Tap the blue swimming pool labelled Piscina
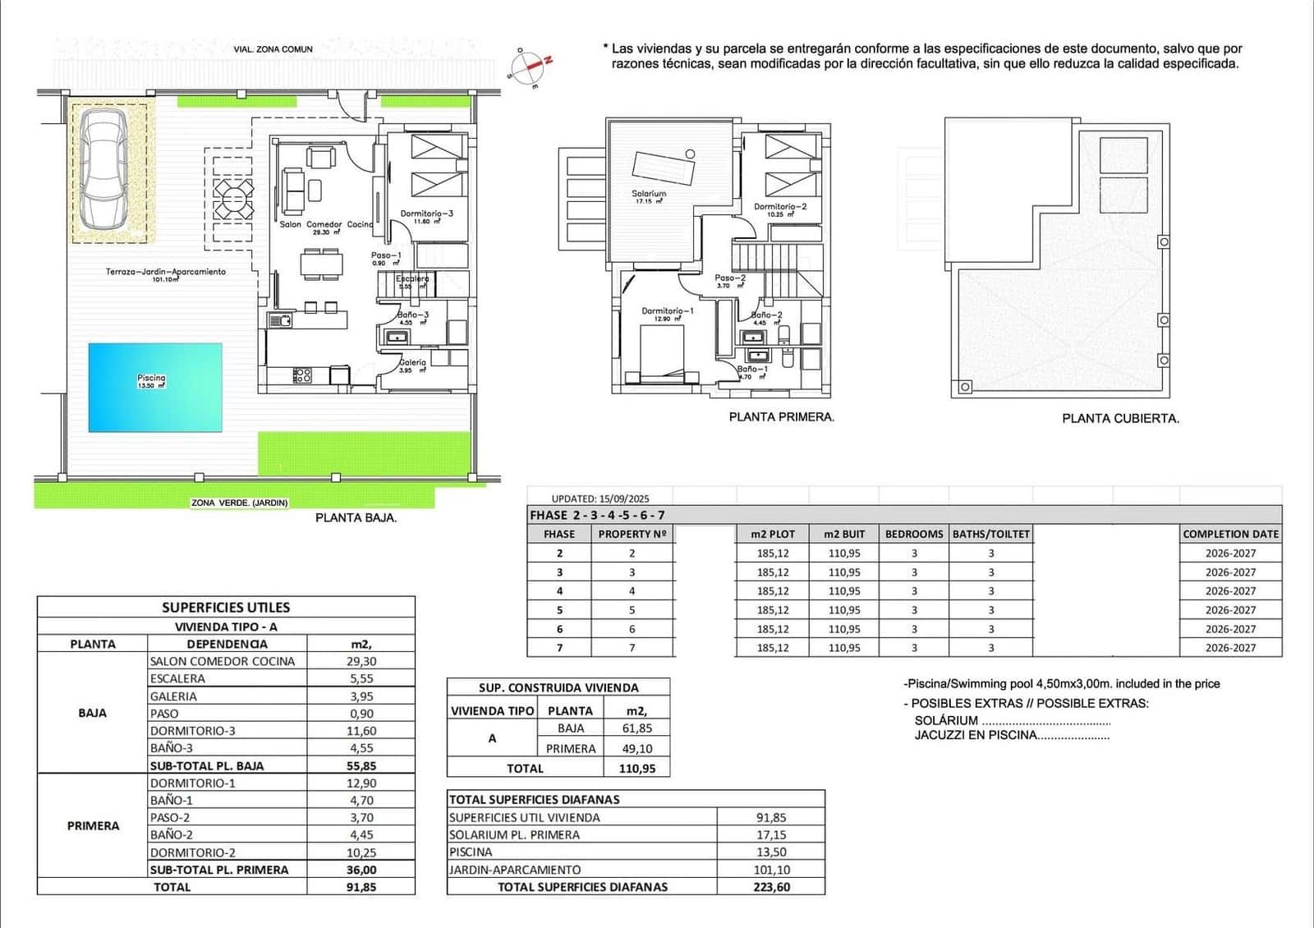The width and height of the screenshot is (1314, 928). pos(155,386)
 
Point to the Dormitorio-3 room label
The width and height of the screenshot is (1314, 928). pos(426,214)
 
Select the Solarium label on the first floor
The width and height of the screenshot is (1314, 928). pos(649,194)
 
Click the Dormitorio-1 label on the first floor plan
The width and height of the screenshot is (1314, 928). pos(667,311)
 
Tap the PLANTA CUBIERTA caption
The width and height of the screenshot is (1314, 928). pos(1120,418)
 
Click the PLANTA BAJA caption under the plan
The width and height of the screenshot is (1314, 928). pos(356,518)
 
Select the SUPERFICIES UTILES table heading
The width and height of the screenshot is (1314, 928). pos(226,608)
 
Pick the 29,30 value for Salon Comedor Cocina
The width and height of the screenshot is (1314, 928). pos(361,661)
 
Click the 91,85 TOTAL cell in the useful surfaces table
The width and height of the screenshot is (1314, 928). pos(361,887)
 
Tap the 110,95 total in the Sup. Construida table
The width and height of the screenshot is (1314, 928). pos(636,769)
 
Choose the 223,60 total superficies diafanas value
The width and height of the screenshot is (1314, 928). pos(770,887)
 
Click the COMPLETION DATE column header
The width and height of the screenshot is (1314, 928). pos(1230,534)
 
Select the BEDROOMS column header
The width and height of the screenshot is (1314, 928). pos(914,534)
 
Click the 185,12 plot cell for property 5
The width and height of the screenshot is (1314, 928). pos(772,610)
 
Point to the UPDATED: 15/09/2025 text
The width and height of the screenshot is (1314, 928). pos(600,498)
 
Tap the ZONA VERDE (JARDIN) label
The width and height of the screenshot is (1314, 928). pos(239,503)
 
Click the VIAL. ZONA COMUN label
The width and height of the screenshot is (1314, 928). pos(273,49)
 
